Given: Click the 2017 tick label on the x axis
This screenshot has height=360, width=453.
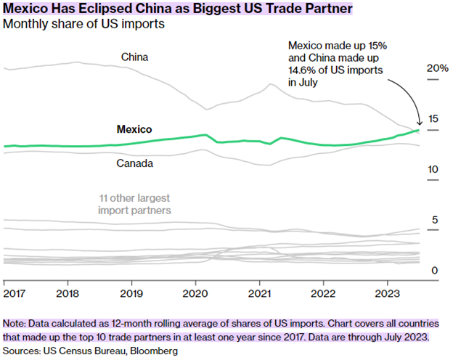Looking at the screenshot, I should [13, 294].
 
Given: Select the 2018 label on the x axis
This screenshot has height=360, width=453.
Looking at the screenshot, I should [67, 294].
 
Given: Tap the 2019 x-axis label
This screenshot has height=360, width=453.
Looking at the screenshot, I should [131, 294].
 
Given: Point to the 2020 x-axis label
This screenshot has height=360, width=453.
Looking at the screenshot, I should [195, 294].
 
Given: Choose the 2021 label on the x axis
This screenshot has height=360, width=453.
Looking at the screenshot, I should [259, 294].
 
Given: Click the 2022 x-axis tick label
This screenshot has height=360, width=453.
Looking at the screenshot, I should [323, 294].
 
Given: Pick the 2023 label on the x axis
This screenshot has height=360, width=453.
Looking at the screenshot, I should [387, 294].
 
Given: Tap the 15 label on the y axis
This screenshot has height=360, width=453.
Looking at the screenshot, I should [433, 119].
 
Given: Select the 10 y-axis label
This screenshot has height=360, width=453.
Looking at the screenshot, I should [433, 169].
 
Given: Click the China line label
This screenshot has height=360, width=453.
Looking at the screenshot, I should [134, 57].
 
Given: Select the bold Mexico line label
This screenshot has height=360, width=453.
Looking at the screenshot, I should [134, 129].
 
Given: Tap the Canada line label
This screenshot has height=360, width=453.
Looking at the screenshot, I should [134, 163].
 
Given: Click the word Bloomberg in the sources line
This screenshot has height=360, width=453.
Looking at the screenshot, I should [154, 351].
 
